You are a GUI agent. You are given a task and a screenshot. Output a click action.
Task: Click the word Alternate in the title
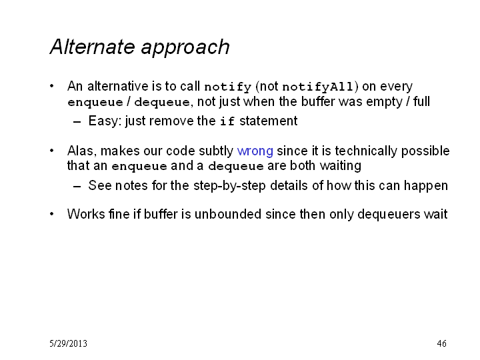point(92,47)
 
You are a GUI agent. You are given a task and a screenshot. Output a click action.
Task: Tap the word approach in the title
point(185,49)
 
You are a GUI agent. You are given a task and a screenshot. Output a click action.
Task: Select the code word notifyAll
point(317,87)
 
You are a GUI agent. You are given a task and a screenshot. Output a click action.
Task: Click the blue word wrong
point(255,151)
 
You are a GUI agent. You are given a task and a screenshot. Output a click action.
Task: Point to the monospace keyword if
point(227,121)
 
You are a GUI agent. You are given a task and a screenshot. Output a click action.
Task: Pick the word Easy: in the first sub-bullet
point(105,121)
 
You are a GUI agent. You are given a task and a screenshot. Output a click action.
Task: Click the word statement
point(268,121)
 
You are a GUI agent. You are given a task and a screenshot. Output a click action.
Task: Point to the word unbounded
point(228,214)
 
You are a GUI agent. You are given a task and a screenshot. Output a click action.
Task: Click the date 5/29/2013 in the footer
point(68,343)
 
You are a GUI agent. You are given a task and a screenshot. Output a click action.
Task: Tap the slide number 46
point(441,343)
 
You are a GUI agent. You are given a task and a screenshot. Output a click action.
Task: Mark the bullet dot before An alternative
point(52,86)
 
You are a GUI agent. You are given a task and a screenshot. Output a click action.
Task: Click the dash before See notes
point(77,186)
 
